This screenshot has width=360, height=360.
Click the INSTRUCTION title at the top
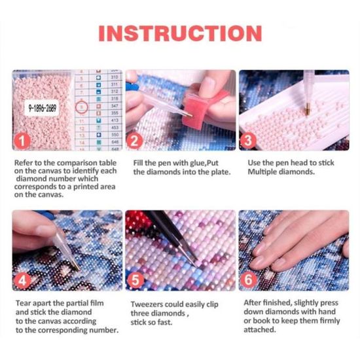pos(180,33)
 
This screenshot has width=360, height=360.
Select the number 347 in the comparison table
pos(114,105)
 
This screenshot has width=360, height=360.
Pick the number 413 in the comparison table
pos(114,121)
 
